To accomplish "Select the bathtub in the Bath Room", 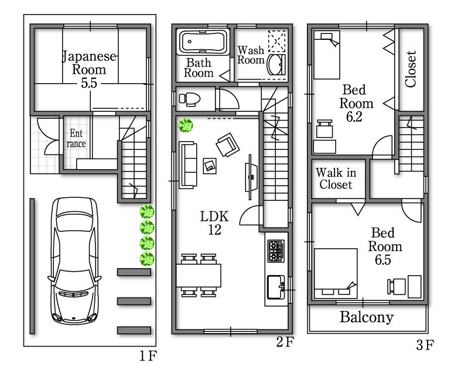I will pos(203,43).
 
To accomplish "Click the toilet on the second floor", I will pos(189,98).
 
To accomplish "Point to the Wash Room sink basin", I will pos(275,65).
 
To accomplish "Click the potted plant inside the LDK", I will pos(186,125).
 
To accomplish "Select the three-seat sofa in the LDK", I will pos(188,165).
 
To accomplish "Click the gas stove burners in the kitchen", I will pos(275,250).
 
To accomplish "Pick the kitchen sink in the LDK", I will pos(275,286).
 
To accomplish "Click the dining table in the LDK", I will pos(199,275).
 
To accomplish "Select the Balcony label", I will pos(367,318).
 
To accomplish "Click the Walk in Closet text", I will pos(336,179).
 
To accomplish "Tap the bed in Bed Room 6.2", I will pos(326,54).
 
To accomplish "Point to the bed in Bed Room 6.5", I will pos(336,273).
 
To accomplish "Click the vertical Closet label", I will pos(411,69).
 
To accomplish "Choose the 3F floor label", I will pos(425,345).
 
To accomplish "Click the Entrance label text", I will pos(77,138).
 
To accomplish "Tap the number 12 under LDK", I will pos(214,230).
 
